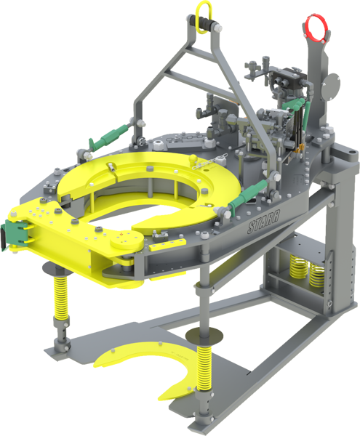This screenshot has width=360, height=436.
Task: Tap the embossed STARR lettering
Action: click(x=263, y=221)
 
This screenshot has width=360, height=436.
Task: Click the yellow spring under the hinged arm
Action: click(x=61, y=297)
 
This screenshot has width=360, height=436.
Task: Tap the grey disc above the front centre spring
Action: click(x=204, y=335)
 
